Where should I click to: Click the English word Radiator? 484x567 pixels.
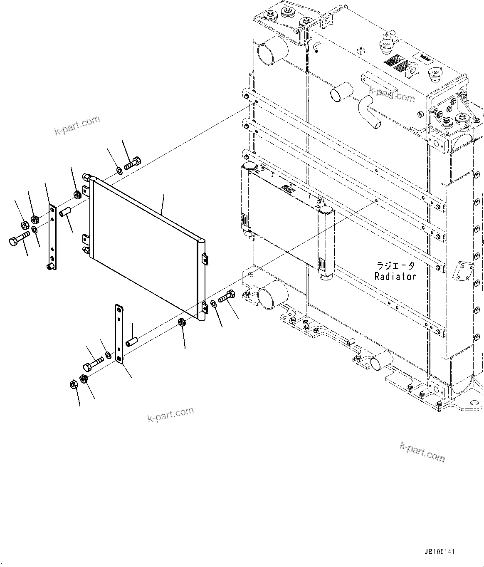pos(395,276)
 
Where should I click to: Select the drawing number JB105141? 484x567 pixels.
pos(440,552)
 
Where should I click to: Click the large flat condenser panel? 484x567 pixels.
pos(146,245)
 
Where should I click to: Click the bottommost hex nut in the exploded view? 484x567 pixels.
pos(73,385)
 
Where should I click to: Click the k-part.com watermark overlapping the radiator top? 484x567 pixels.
pos(391,94)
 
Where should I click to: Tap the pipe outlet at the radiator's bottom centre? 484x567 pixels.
pos(381,360)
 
